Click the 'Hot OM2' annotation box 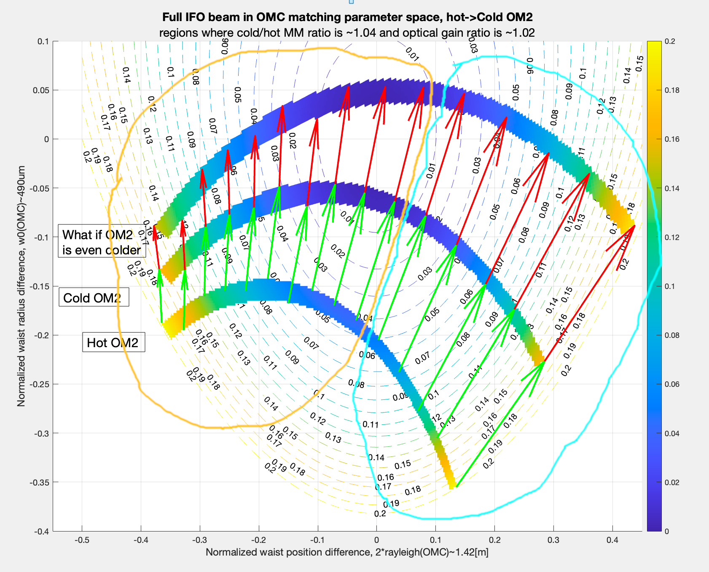click(113, 343)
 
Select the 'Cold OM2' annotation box click(93, 298)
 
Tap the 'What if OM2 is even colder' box click(102, 242)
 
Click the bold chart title click(347, 17)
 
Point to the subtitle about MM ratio click(347, 33)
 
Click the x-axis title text click(347, 552)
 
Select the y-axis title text click(21, 286)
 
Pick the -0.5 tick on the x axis click(82, 540)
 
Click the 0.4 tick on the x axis click(612, 540)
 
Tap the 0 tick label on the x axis click(376, 540)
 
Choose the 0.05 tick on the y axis click(41, 90)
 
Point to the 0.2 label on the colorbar click(670, 41)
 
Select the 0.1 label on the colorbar click(670, 286)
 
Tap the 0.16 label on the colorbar click(671, 139)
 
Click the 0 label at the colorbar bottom click(666, 531)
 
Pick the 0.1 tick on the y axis click(43, 41)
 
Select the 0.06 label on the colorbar click(671, 384)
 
